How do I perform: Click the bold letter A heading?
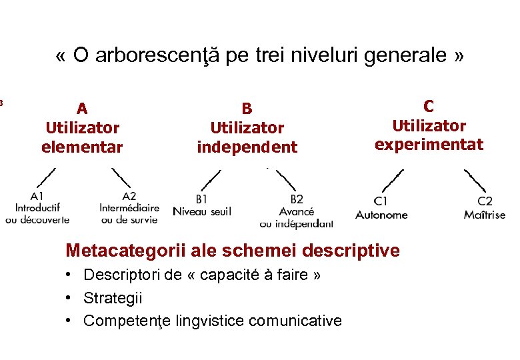pyautogui.click(x=82, y=109)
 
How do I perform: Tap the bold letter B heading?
pyautogui.click(x=247, y=109)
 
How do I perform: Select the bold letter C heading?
pyautogui.click(x=429, y=106)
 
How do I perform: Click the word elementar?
pyautogui.click(x=82, y=147)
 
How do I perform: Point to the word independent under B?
pyautogui.click(x=247, y=147)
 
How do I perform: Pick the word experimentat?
pyautogui.click(x=429, y=145)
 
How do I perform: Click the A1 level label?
pyautogui.click(x=37, y=196)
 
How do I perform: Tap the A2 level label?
pyautogui.click(x=129, y=196)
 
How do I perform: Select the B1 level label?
pyautogui.click(x=201, y=199)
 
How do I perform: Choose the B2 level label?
pyautogui.click(x=297, y=199)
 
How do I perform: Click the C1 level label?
pyautogui.click(x=381, y=201)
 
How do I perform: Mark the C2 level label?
pyautogui.click(x=485, y=201)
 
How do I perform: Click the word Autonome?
pyautogui.click(x=381, y=215)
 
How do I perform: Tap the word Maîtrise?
pyautogui.click(x=485, y=215)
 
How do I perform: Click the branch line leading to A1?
pyautogui.click(x=45, y=177)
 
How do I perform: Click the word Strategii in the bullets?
pyautogui.click(x=113, y=298)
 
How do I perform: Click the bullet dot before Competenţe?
pyautogui.click(x=69, y=321)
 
